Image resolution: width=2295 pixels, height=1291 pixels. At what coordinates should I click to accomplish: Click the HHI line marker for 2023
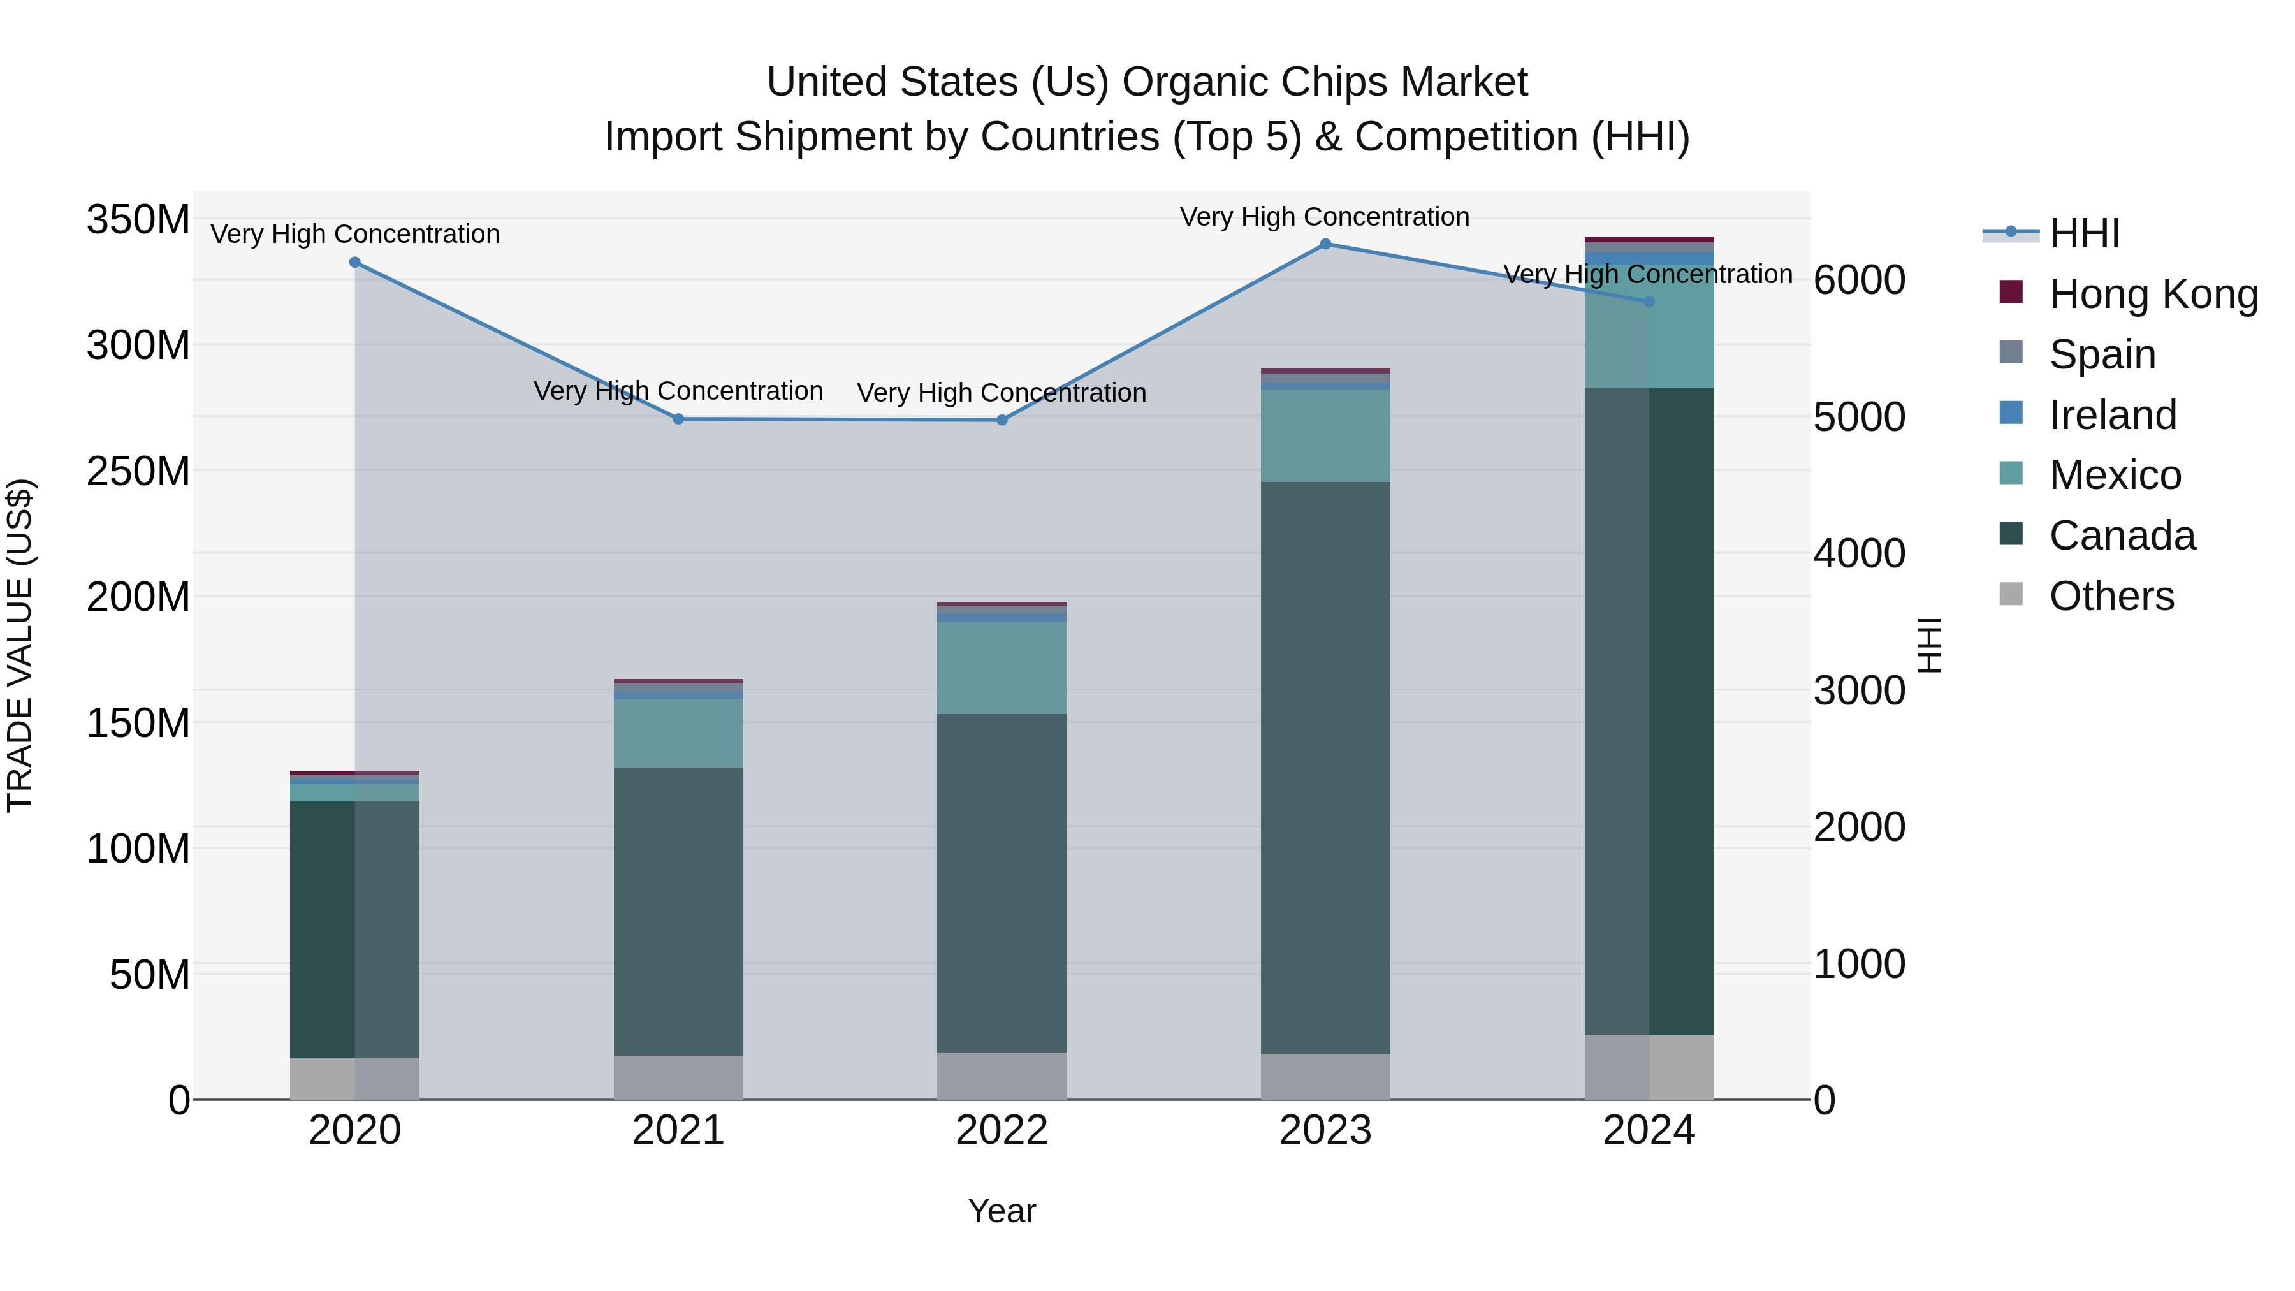[1325, 244]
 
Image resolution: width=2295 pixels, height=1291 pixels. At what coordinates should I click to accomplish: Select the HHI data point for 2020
[354, 263]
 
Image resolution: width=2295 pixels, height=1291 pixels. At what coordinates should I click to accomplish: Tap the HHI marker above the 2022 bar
[1002, 419]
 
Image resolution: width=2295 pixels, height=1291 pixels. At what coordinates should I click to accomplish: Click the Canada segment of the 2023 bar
[1325, 766]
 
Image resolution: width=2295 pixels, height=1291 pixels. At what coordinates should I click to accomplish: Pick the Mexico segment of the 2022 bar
[1002, 667]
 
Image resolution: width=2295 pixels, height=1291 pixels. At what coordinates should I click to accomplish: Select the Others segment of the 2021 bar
[678, 1077]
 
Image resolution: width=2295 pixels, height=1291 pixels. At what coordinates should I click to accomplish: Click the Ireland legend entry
[2113, 415]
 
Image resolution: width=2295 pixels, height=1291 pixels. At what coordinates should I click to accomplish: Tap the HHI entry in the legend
[2084, 233]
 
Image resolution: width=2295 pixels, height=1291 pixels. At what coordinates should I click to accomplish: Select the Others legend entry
[2111, 596]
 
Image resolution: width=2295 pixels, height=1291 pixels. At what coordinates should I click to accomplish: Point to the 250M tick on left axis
[138, 470]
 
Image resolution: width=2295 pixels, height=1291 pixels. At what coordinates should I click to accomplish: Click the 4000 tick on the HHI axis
[1860, 553]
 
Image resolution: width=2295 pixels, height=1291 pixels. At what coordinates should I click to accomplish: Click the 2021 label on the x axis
[678, 1130]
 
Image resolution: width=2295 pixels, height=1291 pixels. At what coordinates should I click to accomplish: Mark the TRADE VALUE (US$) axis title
[20, 645]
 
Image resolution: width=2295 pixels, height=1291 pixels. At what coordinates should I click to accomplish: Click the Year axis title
[1002, 1211]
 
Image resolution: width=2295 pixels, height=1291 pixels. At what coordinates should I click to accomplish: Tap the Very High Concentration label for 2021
[678, 391]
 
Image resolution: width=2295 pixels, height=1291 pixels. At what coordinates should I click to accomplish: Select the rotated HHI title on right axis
[1929, 645]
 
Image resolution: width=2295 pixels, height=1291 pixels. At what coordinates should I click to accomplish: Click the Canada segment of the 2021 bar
[678, 910]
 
